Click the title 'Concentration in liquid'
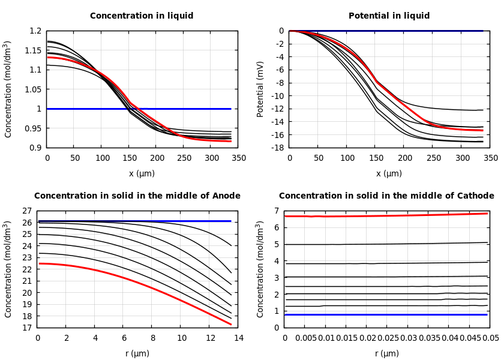(x=142, y=16)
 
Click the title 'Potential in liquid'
(x=389, y=16)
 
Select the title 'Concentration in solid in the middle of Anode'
(x=137, y=196)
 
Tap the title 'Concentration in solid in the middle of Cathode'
(x=386, y=196)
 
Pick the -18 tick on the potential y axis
(x=277, y=148)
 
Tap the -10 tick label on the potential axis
(x=277, y=96)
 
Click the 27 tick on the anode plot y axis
(x=26, y=211)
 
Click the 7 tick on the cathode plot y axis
(x=277, y=211)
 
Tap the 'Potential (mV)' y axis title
(x=260, y=89)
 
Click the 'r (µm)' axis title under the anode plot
(x=137, y=353)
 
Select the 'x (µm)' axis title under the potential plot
(x=389, y=173)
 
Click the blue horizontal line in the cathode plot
(x=384, y=314)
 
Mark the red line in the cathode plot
(x=384, y=215)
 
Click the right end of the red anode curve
(x=230, y=324)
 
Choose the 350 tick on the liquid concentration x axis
(x=238, y=158)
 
